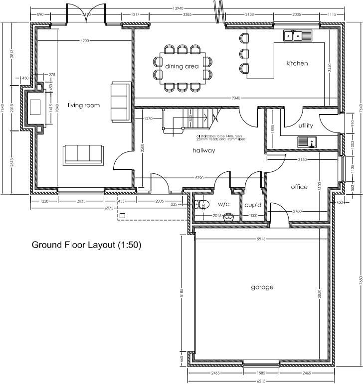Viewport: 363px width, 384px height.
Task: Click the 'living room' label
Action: tap(84, 105)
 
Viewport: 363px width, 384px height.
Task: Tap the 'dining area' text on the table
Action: tap(182, 66)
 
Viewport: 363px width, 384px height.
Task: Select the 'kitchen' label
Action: tap(297, 63)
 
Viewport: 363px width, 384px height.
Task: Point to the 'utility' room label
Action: tap(306, 126)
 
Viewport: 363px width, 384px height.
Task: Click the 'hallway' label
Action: tap(204, 150)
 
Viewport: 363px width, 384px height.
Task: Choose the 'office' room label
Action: tap(299, 187)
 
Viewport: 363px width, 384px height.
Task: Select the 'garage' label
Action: tap(262, 287)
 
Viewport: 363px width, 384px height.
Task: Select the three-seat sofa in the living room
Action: tap(84, 154)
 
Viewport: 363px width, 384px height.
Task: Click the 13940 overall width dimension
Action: tap(177, 8)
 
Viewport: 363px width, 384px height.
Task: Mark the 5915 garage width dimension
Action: tap(261, 239)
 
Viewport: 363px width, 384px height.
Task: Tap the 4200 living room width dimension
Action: tap(84, 40)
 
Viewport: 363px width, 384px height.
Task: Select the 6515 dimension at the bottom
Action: tap(261, 381)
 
